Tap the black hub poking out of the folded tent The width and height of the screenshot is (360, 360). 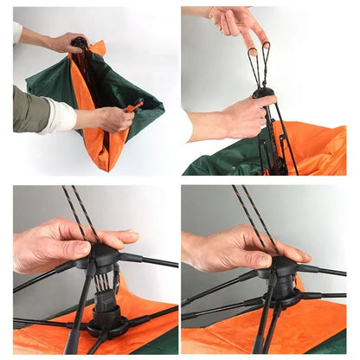[80, 43]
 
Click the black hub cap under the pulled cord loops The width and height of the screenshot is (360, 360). [263, 93]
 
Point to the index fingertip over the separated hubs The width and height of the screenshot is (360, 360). [130, 235]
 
